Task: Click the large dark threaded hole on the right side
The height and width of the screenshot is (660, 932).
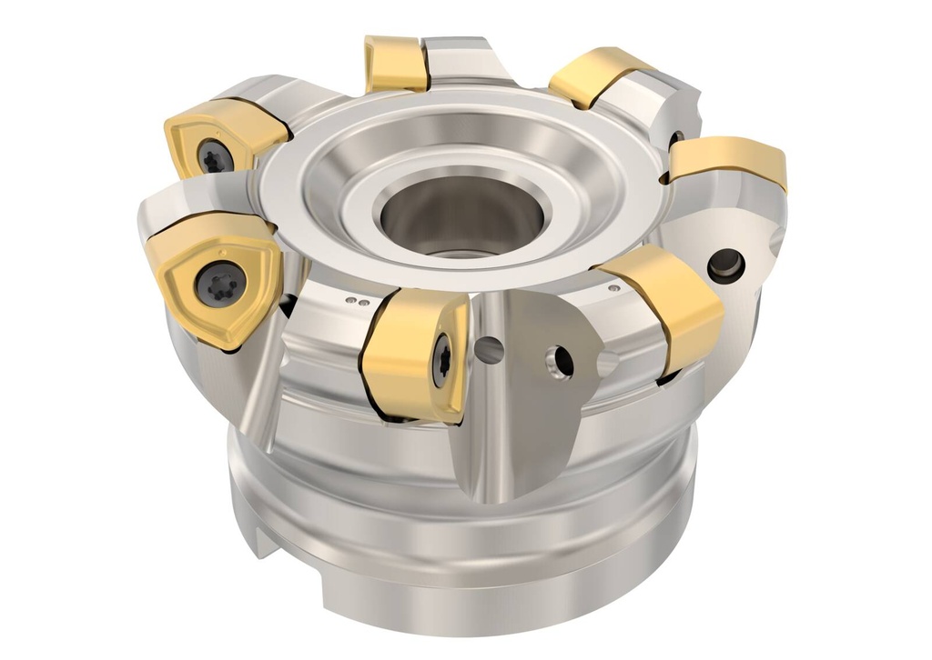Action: [726, 264]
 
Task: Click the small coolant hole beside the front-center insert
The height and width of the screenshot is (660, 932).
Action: [489, 345]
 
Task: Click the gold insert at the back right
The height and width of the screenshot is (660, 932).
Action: [596, 76]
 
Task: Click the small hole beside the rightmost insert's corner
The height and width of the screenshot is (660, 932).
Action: [676, 139]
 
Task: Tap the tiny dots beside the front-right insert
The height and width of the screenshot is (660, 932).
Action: [615, 288]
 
